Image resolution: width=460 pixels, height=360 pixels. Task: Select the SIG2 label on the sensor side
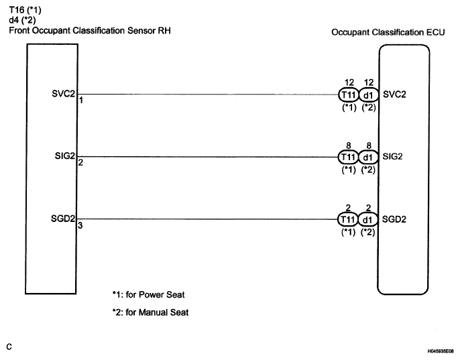click(x=66, y=156)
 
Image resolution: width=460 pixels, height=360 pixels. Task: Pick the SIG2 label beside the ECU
click(x=392, y=156)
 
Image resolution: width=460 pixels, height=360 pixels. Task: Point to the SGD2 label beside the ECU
click(x=393, y=219)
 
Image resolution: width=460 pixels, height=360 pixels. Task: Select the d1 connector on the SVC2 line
click(x=367, y=94)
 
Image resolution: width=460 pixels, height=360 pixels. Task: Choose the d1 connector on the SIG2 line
click(x=367, y=157)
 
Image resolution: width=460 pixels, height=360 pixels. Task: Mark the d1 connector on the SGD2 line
click(x=367, y=219)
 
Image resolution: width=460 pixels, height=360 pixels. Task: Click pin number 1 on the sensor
click(x=80, y=100)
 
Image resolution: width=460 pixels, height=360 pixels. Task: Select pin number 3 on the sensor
click(x=80, y=225)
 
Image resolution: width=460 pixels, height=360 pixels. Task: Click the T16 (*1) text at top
click(x=25, y=10)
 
